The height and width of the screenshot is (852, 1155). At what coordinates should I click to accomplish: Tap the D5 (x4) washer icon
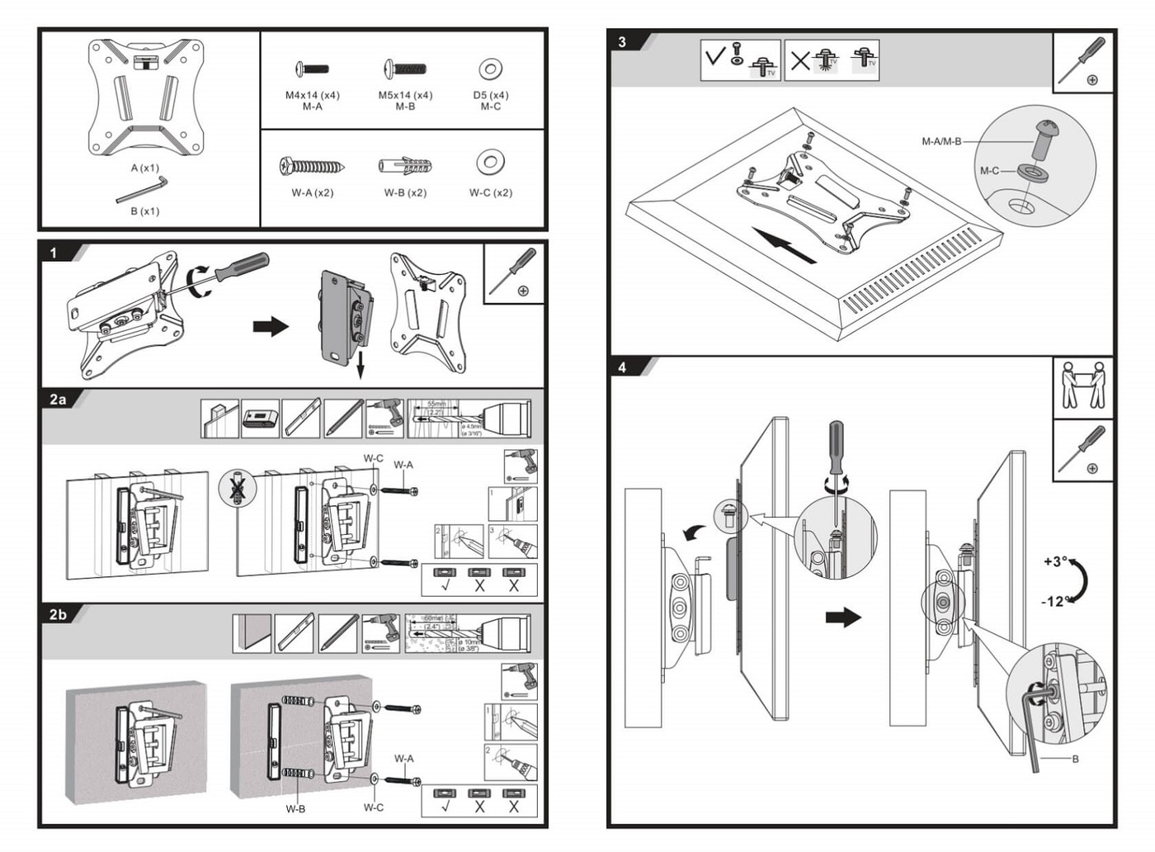[x=491, y=69]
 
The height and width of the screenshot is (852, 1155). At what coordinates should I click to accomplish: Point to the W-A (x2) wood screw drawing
[x=312, y=167]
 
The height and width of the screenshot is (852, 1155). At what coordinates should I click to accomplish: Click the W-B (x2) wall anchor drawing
[x=405, y=166]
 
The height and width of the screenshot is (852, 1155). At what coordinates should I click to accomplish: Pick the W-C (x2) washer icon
[x=491, y=162]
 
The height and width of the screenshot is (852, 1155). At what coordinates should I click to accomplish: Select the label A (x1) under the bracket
[x=144, y=168]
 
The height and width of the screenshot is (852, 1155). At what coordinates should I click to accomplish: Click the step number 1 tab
[x=54, y=253]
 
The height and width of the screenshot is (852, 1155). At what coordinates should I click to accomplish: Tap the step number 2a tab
[x=58, y=400]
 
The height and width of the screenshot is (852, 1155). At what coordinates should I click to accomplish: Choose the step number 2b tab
[x=58, y=614]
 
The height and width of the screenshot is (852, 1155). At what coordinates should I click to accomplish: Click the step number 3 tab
[x=622, y=42]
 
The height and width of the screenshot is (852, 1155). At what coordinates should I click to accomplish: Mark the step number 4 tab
[x=622, y=367]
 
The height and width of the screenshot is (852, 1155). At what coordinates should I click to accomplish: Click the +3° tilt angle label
[x=1055, y=561]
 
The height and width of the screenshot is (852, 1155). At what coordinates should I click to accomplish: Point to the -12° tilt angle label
[x=1055, y=601]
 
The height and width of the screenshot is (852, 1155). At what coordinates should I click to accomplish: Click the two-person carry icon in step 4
[x=1082, y=386]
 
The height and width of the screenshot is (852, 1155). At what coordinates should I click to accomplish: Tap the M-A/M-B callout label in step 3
[x=941, y=141]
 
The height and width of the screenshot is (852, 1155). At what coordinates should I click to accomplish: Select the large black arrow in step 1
[x=271, y=326]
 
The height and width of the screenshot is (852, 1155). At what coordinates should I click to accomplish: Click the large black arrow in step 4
[x=843, y=617]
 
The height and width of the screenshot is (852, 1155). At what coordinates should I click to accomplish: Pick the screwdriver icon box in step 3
[x=1082, y=62]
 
